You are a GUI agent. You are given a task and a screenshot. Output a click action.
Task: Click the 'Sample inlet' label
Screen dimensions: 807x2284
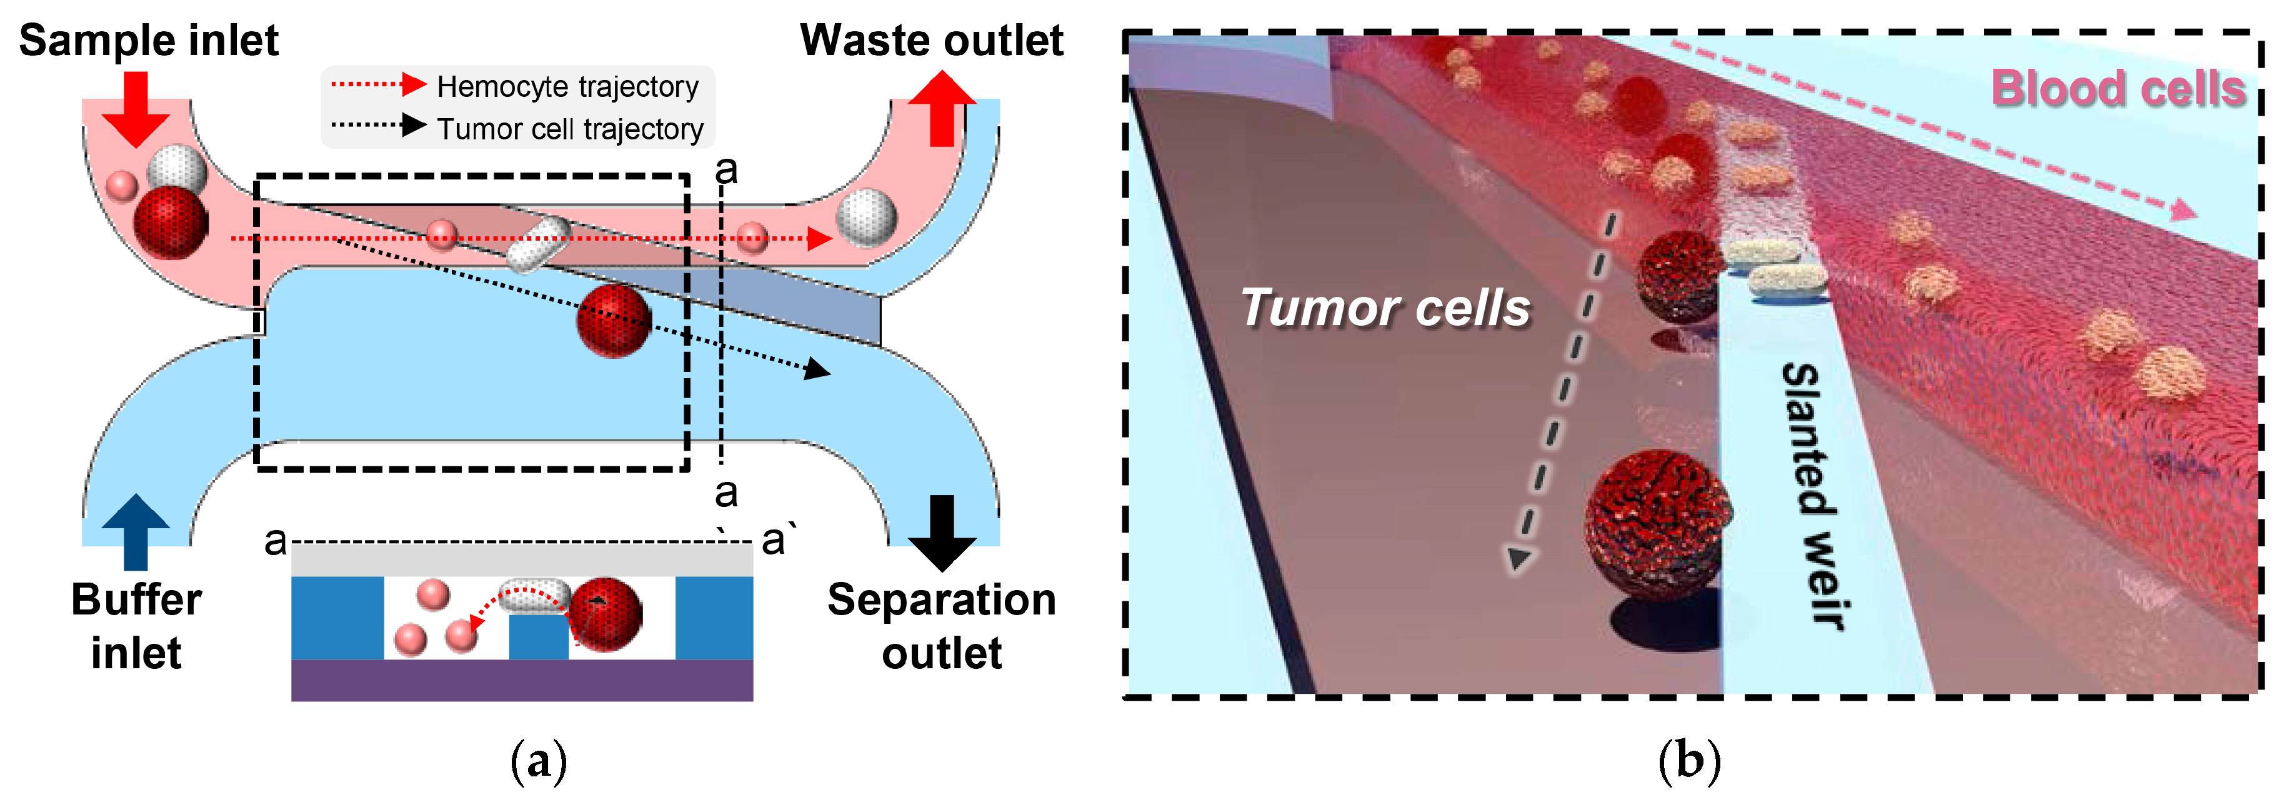click(148, 41)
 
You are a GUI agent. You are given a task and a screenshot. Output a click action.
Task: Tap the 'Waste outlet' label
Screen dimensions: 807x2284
click(931, 41)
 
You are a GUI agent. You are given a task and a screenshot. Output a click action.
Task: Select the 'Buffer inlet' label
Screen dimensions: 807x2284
click(137, 626)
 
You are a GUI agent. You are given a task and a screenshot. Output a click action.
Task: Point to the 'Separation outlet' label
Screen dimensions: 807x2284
click(942, 626)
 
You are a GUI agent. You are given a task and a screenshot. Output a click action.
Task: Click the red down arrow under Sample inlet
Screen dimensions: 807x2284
click(135, 108)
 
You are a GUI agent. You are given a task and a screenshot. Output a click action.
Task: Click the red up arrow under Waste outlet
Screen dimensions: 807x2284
click(942, 108)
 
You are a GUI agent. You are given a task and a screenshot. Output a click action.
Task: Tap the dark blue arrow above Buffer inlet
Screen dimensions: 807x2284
click(135, 530)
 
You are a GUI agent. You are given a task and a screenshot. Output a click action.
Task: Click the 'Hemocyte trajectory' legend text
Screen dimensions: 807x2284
click(567, 87)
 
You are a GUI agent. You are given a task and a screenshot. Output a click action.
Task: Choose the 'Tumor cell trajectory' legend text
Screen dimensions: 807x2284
click(570, 129)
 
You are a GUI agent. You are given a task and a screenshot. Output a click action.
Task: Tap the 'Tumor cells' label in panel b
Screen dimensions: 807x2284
click(1385, 308)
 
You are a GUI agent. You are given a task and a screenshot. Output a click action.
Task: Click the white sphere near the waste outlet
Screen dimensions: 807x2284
click(866, 218)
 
